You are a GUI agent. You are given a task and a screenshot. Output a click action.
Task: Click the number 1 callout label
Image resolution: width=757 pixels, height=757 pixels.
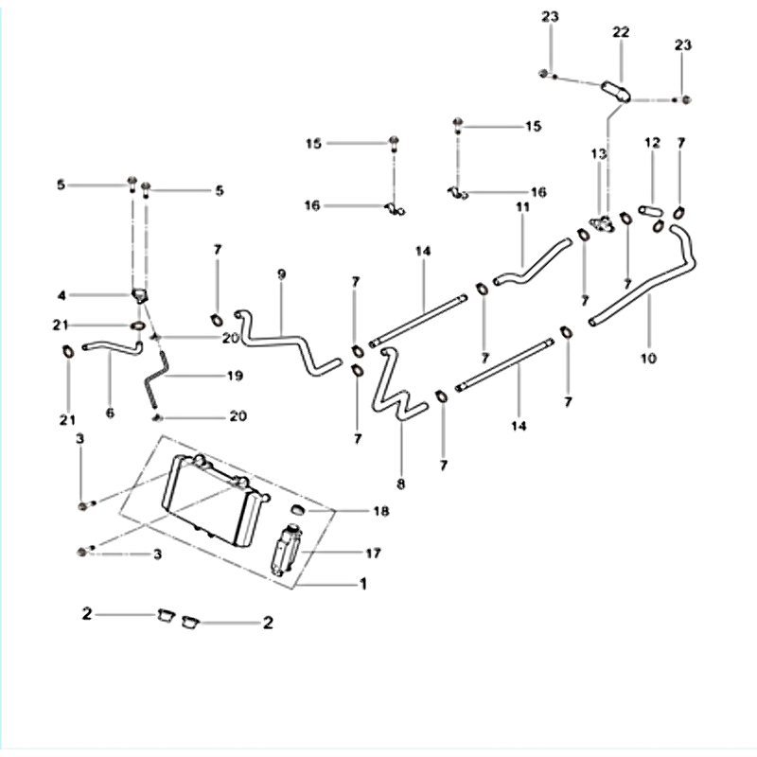[x=362, y=585]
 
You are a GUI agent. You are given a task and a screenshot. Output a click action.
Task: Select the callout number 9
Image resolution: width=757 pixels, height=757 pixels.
[x=281, y=274]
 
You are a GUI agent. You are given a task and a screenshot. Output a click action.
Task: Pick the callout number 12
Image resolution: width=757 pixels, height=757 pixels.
[x=651, y=143]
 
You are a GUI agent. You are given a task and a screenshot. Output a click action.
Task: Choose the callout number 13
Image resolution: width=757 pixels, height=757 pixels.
[x=598, y=154]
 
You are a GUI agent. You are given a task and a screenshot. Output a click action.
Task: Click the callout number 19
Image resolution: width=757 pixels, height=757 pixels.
[x=234, y=376]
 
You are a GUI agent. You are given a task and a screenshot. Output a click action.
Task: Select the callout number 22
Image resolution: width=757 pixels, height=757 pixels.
[x=621, y=32]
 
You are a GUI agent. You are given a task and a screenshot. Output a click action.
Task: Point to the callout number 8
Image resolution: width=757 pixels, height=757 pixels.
[x=400, y=484]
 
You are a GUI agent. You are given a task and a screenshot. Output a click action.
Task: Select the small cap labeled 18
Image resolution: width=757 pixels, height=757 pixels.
[x=297, y=511]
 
